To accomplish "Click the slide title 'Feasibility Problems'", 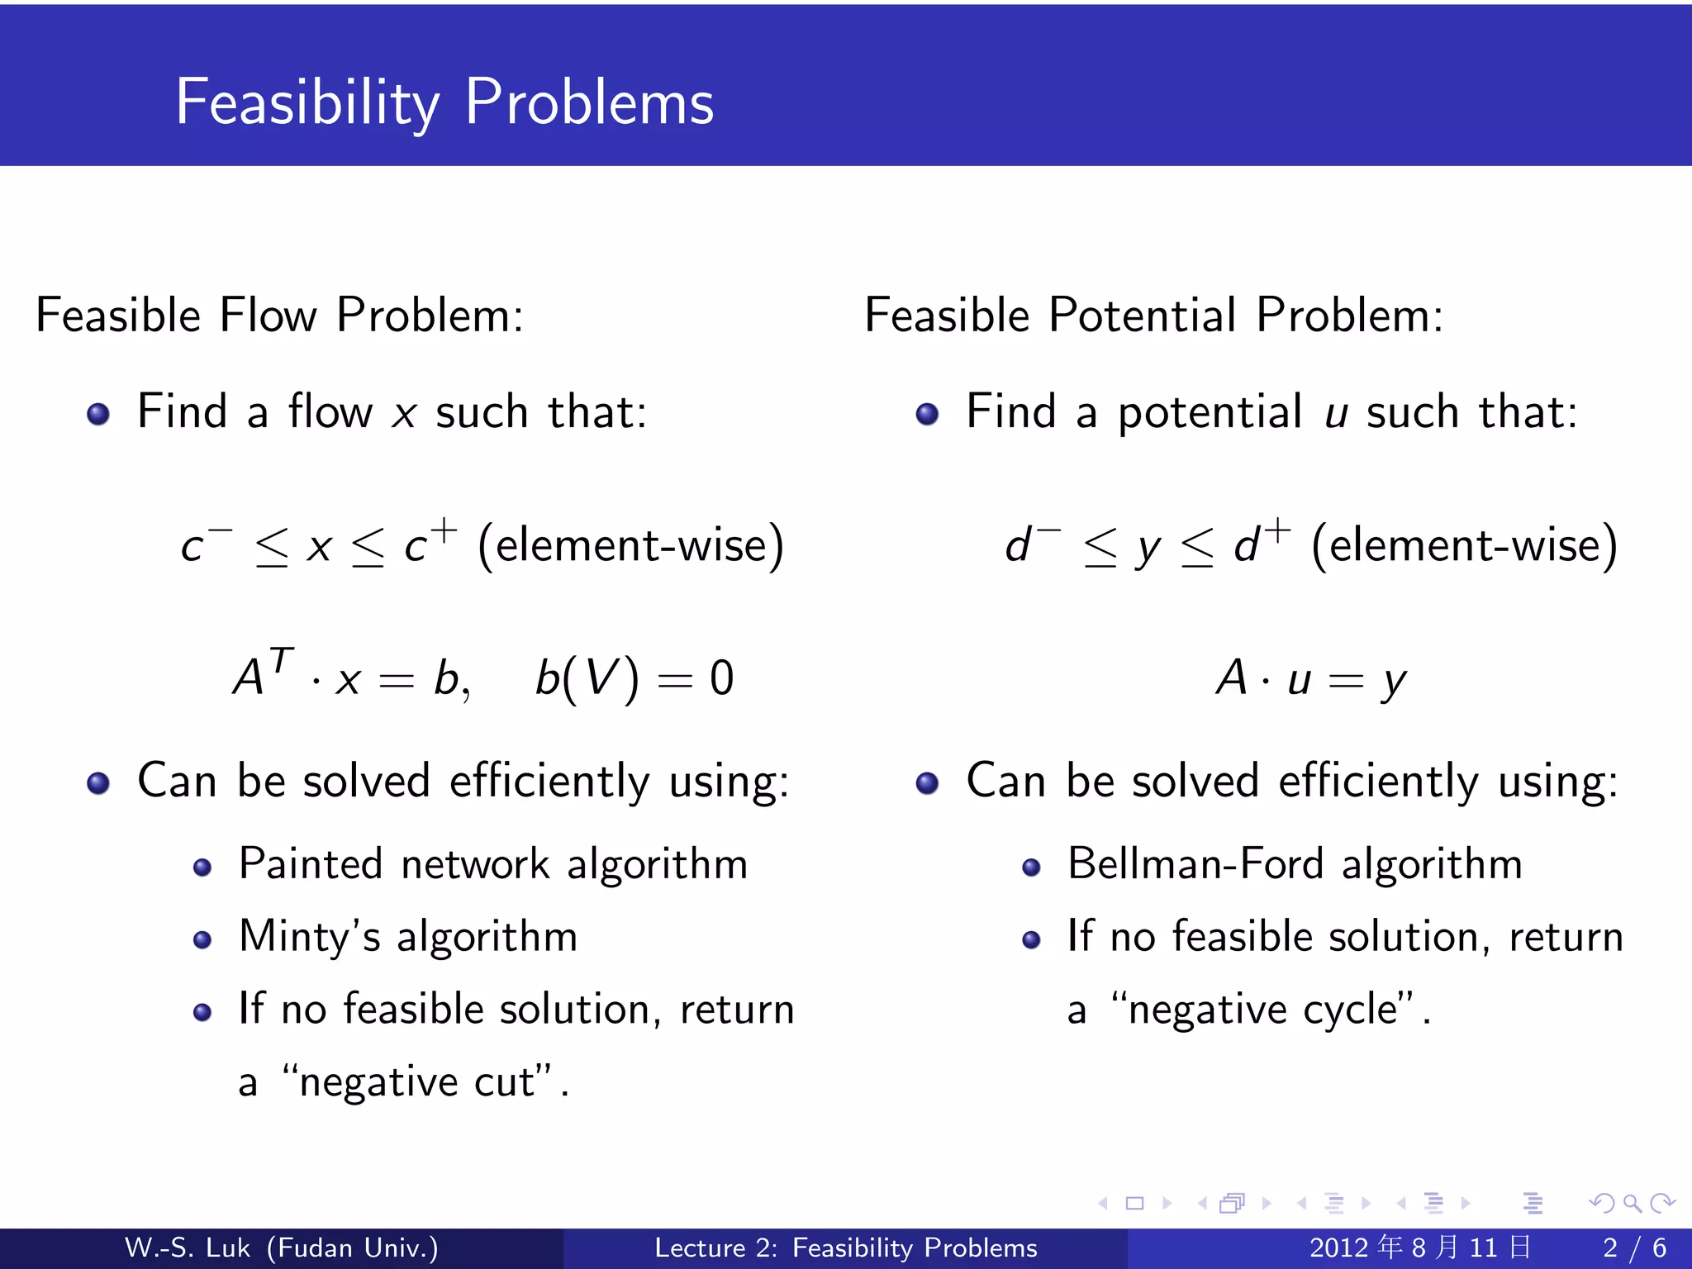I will click(x=444, y=102).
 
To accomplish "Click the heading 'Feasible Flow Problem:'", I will click(x=280, y=316).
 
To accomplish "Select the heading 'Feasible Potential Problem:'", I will click(x=1153, y=316).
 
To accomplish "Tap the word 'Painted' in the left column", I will click(x=311, y=865).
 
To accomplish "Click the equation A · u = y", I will click(x=1310, y=679).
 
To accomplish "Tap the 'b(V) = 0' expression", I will click(x=634, y=679).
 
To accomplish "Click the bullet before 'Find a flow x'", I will click(x=98, y=414).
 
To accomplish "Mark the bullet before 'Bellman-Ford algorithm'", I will click(x=1030, y=867).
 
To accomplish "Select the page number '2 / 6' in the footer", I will click(x=1634, y=1248).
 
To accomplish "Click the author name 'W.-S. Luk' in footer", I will click(x=187, y=1248).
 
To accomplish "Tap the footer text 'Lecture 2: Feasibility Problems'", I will click(x=845, y=1248).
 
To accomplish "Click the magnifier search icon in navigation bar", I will click(x=1632, y=1203).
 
